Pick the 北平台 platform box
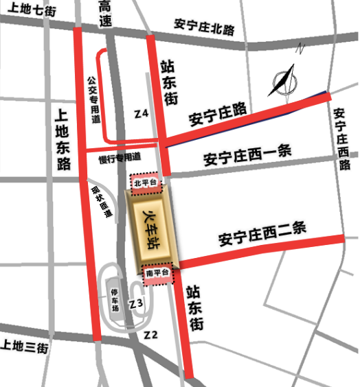tap(146, 182)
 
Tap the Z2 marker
tap(151, 334)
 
